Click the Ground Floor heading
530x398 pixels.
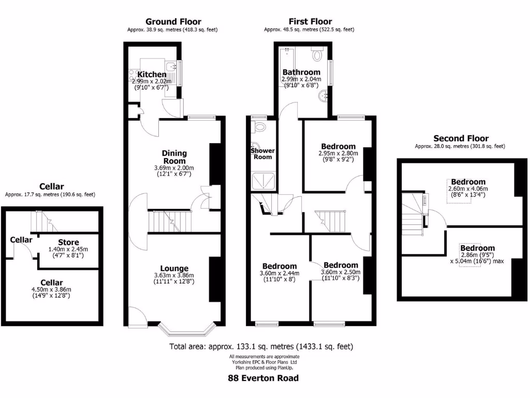tap(172, 21)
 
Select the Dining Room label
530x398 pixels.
tap(174, 157)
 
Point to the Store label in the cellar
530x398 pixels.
tap(68, 242)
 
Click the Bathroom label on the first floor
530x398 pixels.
tap(301, 72)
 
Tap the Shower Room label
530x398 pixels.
tap(262, 153)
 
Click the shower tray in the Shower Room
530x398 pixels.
tap(263, 182)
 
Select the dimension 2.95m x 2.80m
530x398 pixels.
tap(338, 153)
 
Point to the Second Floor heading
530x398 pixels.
tap(461, 138)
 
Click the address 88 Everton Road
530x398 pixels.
tap(263, 378)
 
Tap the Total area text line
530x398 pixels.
tap(261, 346)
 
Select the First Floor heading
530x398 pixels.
tap(310, 21)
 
